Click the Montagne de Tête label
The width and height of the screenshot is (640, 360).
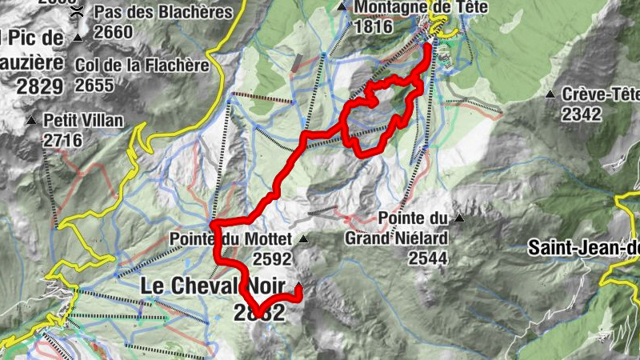pos(408,7)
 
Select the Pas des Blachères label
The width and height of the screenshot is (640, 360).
pos(163,13)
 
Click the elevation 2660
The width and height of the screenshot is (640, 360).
pos(113,32)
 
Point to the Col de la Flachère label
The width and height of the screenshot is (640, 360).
pos(141,65)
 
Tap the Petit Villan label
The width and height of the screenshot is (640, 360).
pos(83,121)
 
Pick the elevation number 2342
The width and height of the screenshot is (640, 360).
pos(581,114)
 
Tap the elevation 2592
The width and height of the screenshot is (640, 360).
pos(271,258)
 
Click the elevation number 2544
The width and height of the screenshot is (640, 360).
pos(427,258)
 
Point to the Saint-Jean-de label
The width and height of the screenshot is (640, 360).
pos(583,248)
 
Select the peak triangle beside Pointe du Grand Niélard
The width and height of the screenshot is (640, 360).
pos(459,218)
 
